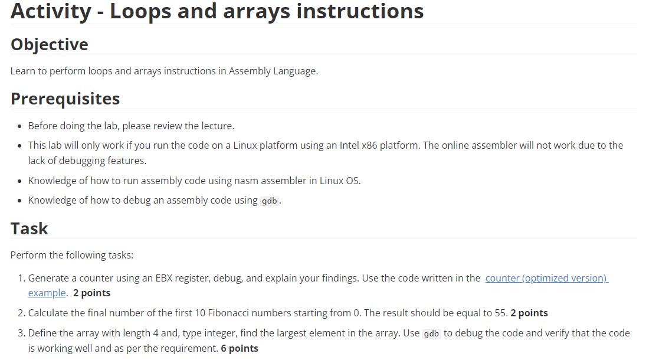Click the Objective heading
50,44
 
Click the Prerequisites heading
65,99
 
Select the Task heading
29,228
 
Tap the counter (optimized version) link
546,278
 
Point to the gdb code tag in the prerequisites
270,201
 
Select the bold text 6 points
240,348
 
